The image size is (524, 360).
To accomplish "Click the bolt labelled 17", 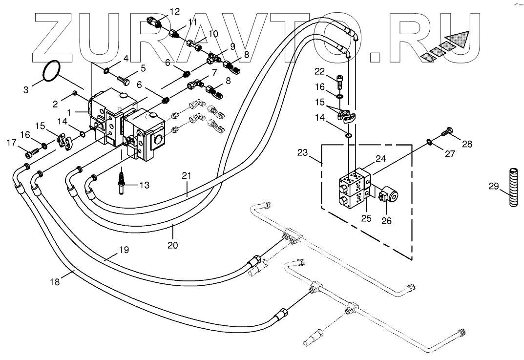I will (x=31, y=152).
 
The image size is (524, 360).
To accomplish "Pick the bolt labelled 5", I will (x=122, y=77).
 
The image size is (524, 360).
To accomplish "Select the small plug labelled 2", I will (x=75, y=92).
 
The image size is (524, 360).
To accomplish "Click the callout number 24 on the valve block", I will (x=381, y=158).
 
